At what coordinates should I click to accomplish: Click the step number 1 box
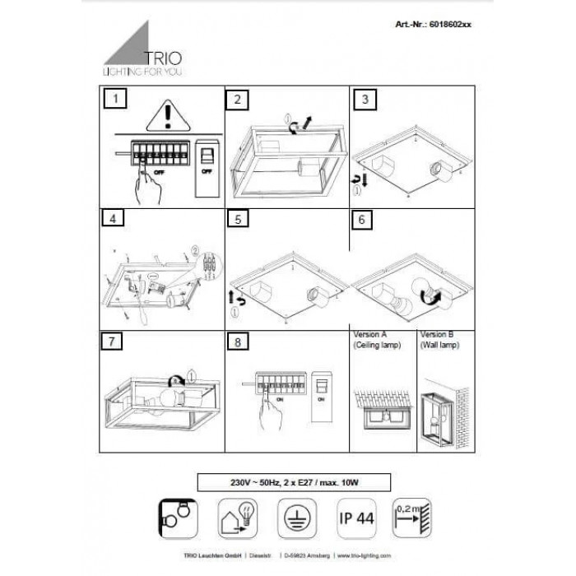tap(116, 100)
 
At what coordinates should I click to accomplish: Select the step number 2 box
tap(237, 100)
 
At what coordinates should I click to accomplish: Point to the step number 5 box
tap(237, 220)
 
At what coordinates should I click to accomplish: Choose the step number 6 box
tap(363, 220)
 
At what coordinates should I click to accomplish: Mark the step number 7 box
tap(116, 340)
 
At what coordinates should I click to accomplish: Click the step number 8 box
tap(237, 340)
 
